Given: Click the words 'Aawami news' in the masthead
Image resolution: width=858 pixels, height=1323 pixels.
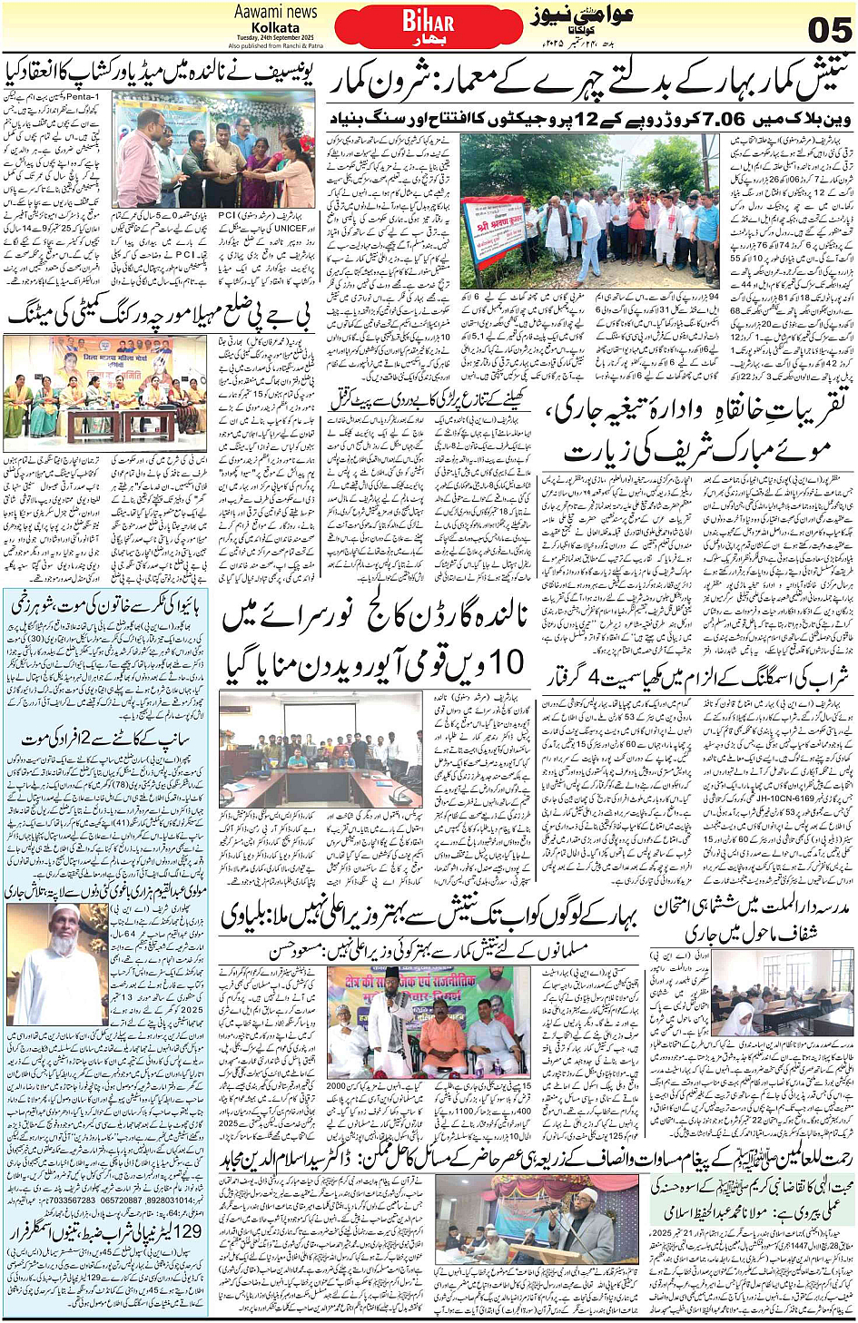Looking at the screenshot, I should click(x=275, y=12).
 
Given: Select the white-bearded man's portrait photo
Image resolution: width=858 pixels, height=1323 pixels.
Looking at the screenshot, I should click(x=54, y=964).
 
